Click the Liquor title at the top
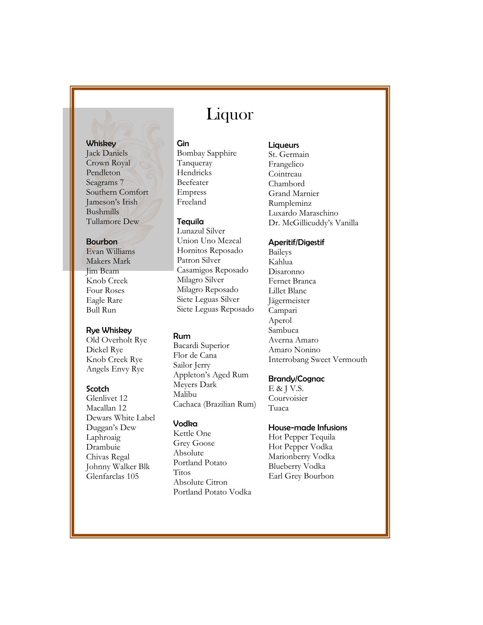point(229,115)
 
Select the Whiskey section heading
point(101,144)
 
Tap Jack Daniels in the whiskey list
point(107,153)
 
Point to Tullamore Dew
point(112,222)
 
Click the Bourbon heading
point(102,242)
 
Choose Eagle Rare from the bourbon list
point(104,300)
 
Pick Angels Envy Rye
point(115,369)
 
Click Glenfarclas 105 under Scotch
point(112,477)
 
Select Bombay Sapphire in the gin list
point(207,153)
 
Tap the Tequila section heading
point(190,222)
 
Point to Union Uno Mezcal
point(209,241)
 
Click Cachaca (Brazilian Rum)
point(214,404)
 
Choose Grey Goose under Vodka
point(194,443)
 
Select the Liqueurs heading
point(283,145)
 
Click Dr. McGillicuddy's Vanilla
point(313,223)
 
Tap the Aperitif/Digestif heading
point(296,243)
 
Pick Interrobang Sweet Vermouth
point(318,360)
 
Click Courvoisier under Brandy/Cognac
point(288,398)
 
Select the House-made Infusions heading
point(308,428)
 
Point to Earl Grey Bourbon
point(301,476)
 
